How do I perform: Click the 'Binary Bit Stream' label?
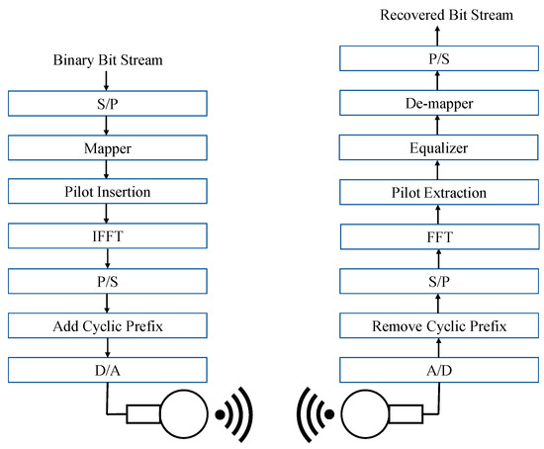tap(107, 61)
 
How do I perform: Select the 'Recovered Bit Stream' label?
tap(437, 15)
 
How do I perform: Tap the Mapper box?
tap(107, 147)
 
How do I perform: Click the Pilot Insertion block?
tap(107, 192)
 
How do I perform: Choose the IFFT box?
tap(107, 237)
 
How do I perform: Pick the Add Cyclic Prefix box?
tap(107, 326)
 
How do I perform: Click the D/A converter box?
tap(107, 371)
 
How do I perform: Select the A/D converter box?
tap(437, 371)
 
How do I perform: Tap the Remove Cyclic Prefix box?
tap(437, 326)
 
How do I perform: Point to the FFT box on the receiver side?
tap(437, 237)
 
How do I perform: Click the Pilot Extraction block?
tap(437, 192)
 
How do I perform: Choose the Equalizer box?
tap(437, 147)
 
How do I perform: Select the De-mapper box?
tap(437, 103)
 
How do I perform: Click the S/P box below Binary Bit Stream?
tap(107, 103)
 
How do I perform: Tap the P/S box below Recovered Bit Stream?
tap(437, 58)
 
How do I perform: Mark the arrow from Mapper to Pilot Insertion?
tap(107, 169)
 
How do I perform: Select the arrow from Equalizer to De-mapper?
tap(437, 126)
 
